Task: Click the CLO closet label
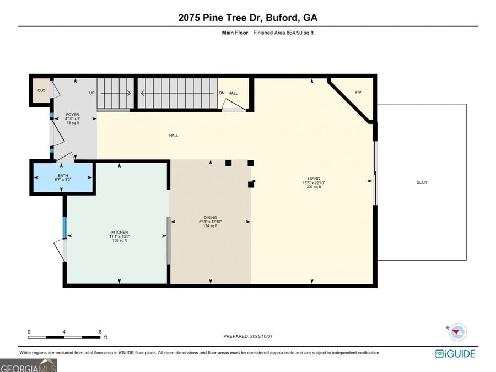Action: point(41,90)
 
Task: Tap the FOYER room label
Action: point(72,115)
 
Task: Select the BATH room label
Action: point(63,176)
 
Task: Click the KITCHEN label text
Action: point(120,232)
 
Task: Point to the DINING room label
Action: point(211,218)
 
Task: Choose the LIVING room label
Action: point(314,179)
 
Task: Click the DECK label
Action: point(422,182)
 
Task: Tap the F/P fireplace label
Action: point(358,93)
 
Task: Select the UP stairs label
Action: point(91,93)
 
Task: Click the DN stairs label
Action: point(222,93)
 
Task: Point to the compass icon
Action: point(457,332)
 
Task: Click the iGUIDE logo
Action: point(455,354)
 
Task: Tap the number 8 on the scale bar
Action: point(100,332)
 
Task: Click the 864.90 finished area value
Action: point(294,33)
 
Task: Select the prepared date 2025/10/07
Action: point(261,336)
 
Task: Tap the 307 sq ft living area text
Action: point(314,187)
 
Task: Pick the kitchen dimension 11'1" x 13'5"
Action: point(120,236)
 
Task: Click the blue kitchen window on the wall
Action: point(64,228)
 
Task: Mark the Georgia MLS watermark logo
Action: point(29,366)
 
